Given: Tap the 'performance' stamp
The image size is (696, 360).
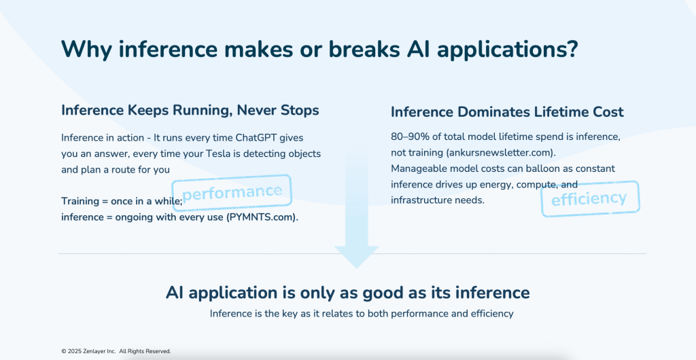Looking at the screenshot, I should click(232, 192).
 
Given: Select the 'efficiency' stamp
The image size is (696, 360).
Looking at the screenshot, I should click(589, 198).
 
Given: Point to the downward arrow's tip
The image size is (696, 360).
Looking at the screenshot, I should click(356, 266).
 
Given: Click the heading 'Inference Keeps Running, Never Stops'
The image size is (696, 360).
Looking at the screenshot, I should click(190, 109).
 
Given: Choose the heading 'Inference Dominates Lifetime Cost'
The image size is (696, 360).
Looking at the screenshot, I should click(507, 111).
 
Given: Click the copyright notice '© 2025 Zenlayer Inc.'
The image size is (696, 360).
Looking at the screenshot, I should click(88, 351).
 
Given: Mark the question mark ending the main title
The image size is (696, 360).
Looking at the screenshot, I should click(572, 50).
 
